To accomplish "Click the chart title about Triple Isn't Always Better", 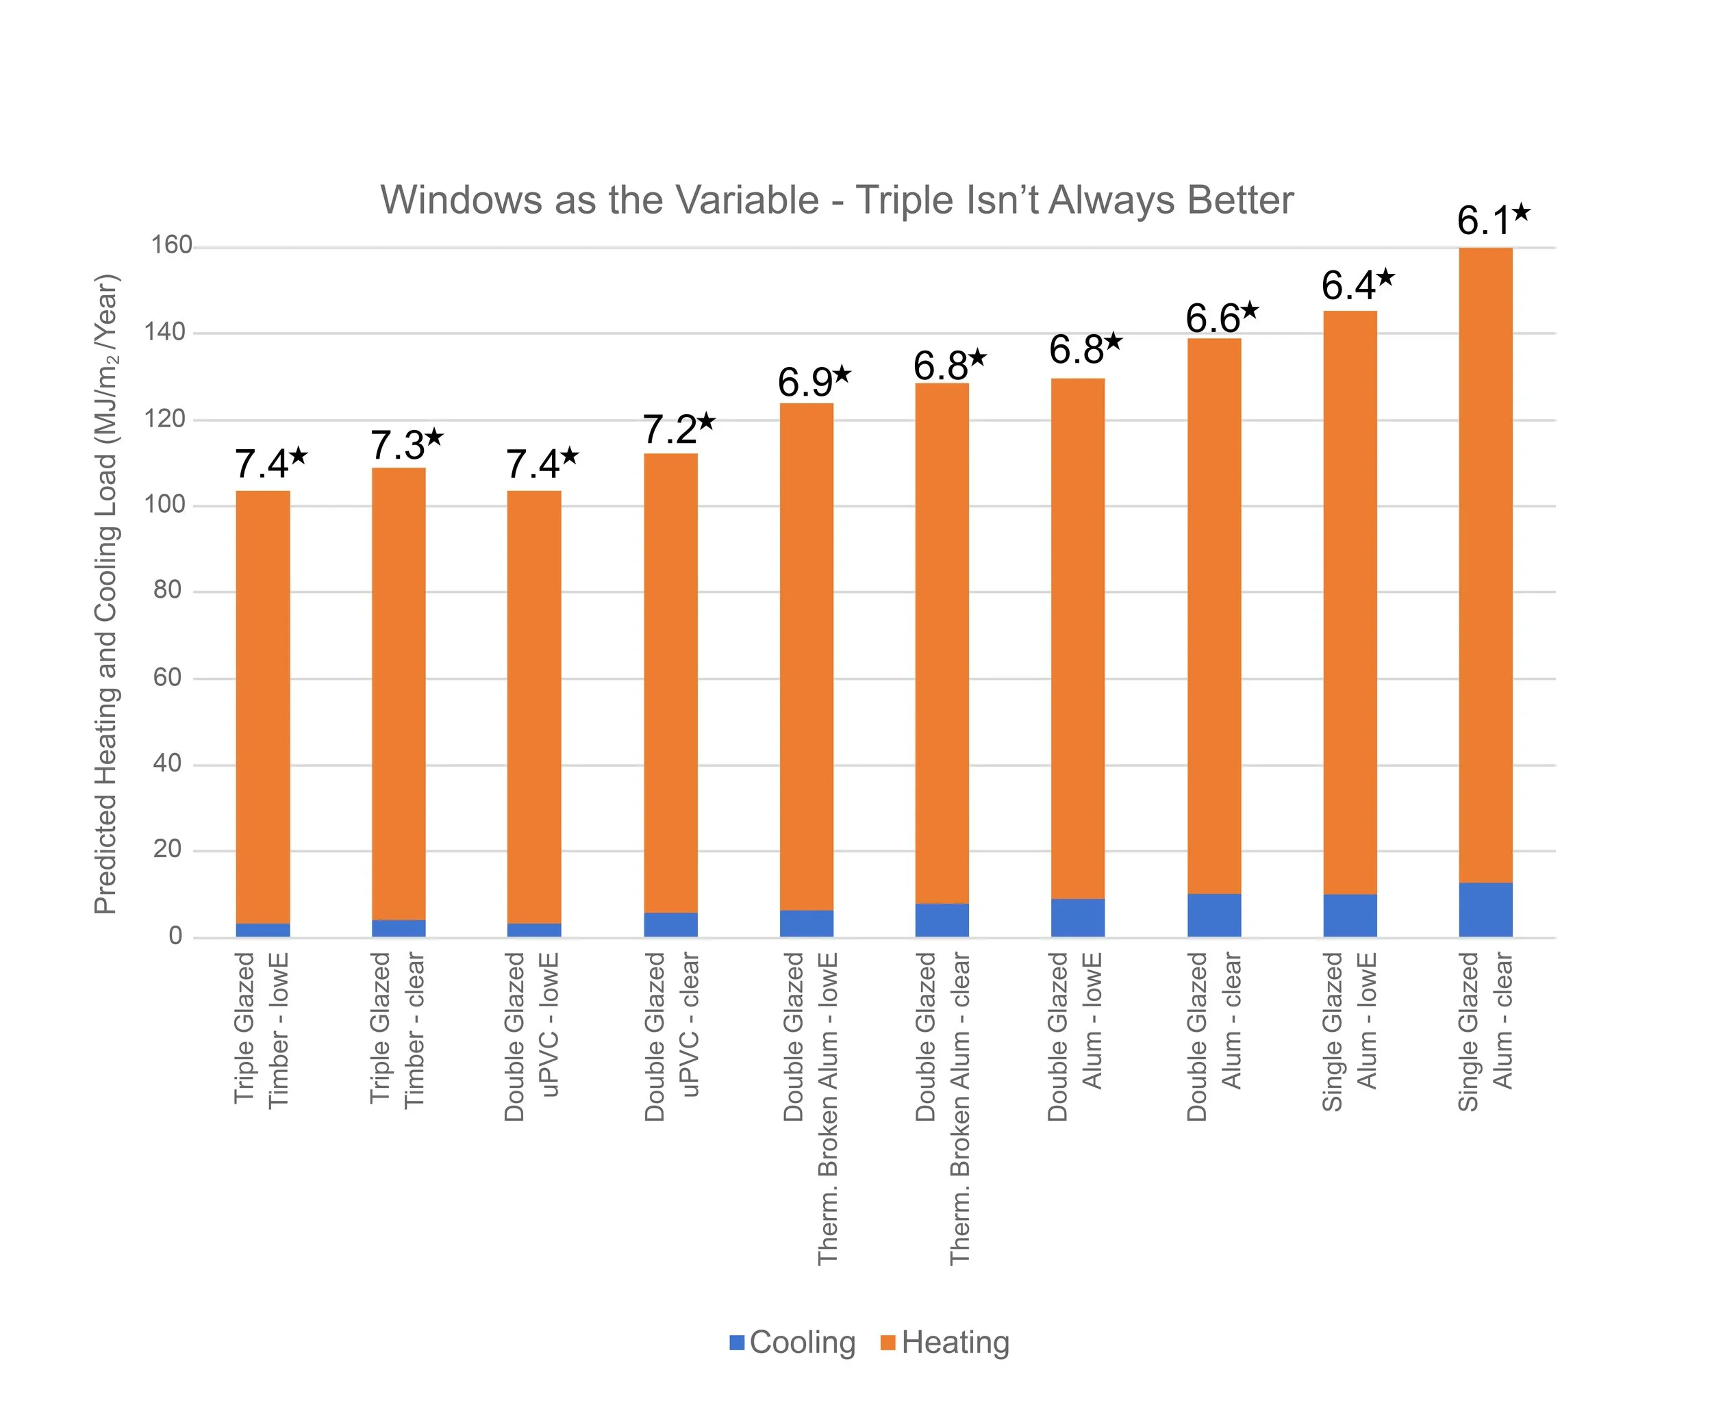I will pyautogui.click(x=836, y=201).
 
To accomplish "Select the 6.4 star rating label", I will pyautogui.click(x=1357, y=286).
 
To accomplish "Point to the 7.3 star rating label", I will pyautogui.click(x=406, y=445).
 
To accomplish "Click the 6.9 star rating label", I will pyautogui.click(x=813, y=381).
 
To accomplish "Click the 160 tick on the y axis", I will pyautogui.click(x=171, y=245).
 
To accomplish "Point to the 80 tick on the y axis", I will pyautogui.click(x=167, y=590).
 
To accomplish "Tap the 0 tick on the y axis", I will pyautogui.click(x=175, y=936).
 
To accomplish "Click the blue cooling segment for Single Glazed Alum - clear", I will pyautogui.click(x=1485, y=910).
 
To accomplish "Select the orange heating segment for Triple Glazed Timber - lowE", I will pyautogui.click(x=262, y=706).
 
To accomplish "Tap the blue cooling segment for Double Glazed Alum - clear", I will pyautogui.click(x=1214, y=915).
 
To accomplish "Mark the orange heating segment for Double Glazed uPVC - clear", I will pyautogui.click(x=670, y=683).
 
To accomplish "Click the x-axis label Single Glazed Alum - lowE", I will pyautogui.click(x=1349, y=1031).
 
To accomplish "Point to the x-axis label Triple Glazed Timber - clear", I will pyautogui.click(x=398, y=1029).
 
